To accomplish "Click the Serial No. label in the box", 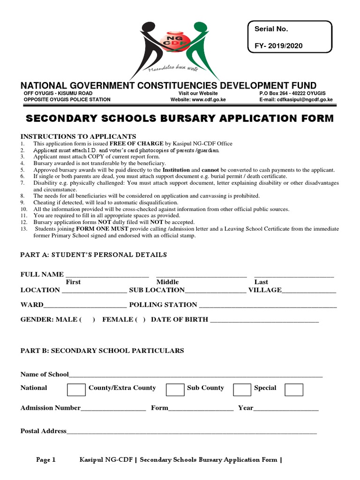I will [271, 29].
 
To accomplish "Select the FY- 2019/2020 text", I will [278, 45].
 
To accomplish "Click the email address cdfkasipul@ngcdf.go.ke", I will [303, 99].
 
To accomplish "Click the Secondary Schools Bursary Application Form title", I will [180, 119].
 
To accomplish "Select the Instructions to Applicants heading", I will [78, 136].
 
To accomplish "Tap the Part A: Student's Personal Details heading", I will [93, 255].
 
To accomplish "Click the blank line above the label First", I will [107, 275].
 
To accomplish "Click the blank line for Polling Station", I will [268, 305].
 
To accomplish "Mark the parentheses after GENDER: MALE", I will [87, 320].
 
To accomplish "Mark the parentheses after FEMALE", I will [141, 320].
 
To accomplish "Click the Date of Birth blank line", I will [264, 320].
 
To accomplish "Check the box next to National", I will [76, 390].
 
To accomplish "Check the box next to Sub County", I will [242, 390].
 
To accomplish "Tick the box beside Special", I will [294, 390].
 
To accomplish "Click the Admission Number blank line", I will [113, 409].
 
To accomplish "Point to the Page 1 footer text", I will [46, 460].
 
